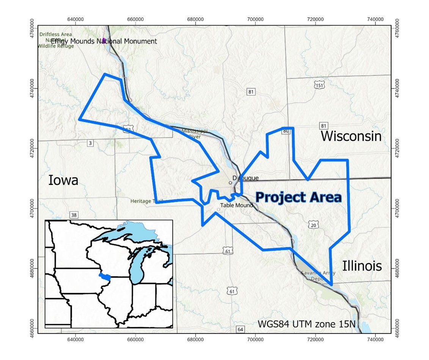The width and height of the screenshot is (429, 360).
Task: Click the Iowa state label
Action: tap(63, 180)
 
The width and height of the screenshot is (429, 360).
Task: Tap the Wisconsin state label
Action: tap(351, 136)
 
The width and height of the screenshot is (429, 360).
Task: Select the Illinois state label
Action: tap(362, 266)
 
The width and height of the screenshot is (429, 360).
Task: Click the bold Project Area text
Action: tap(299, 197)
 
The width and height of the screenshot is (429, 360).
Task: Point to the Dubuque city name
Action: tap(245, 178)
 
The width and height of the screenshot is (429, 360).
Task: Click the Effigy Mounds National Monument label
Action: tap(104, 41)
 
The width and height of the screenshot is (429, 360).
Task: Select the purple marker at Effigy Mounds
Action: tap(104, 40)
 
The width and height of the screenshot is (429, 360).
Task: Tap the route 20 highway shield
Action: tap(313, 225)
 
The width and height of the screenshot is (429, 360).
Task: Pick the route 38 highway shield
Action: tap(74, 215)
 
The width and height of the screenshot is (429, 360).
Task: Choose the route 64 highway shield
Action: tap(240, 329)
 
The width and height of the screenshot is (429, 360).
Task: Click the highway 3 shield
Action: tap(90, 143)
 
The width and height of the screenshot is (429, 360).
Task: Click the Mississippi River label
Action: tap(194, 133)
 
